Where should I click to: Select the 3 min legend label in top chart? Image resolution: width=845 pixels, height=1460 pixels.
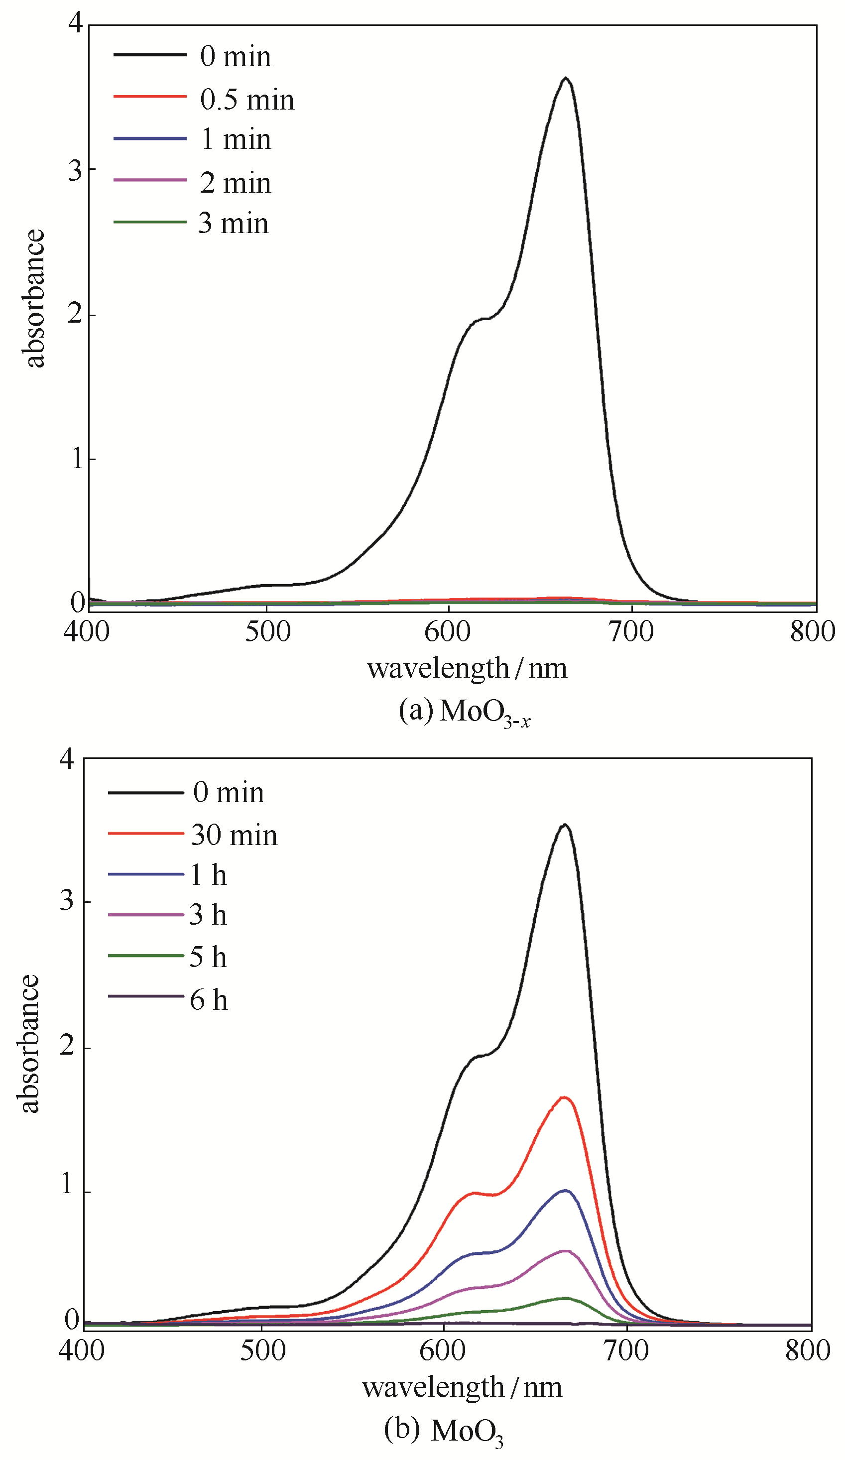coord(234,224)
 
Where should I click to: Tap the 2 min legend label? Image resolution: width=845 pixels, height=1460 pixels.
coord(235,183)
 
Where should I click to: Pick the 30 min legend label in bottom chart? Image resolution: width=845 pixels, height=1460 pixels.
coord(234,836)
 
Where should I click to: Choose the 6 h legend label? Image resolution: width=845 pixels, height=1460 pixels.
coord(209,1000)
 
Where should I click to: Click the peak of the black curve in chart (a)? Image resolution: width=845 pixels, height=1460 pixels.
coord(565,78)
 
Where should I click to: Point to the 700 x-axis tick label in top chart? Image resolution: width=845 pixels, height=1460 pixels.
coord(631,631)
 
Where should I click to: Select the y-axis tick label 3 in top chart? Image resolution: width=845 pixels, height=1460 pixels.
coord(75,170)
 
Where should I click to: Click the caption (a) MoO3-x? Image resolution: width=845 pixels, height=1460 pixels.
coord(465,712)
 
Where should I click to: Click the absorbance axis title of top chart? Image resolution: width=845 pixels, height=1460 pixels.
coord(33,298)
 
